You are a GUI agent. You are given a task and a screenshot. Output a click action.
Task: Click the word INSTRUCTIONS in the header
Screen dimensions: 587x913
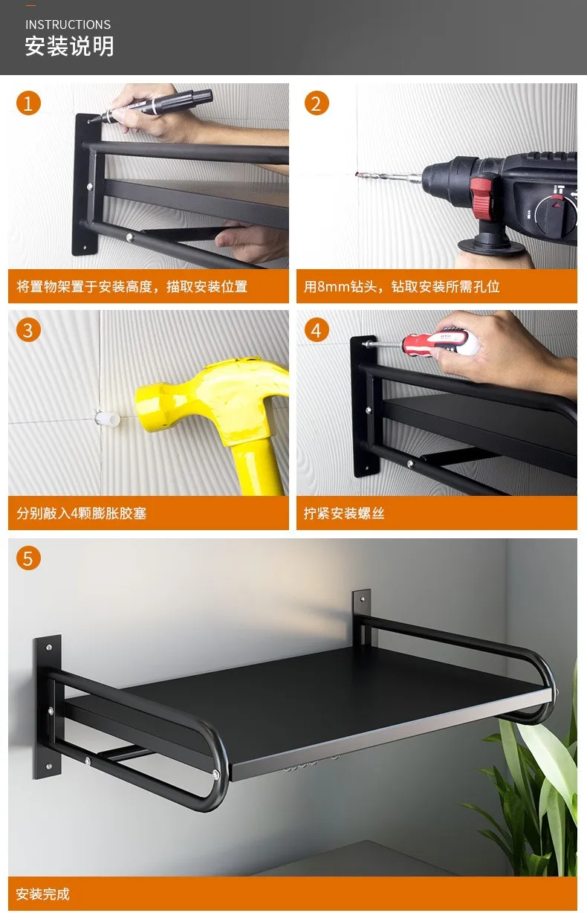(x=68, y=25)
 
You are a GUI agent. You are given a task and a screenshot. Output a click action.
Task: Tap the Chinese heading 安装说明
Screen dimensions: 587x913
(x=69, y=46)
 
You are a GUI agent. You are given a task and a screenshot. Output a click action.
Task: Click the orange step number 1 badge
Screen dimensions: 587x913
(x=28, y=103)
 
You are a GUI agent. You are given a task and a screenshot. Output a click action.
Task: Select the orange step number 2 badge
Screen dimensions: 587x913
(x=317, y=103)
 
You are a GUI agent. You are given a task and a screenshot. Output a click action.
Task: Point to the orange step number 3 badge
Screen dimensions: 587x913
(x=28, y=330)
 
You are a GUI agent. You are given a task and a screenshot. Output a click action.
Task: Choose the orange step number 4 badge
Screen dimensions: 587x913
(x=317, y=330)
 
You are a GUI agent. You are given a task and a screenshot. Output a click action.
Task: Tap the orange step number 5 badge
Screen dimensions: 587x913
(x=28, y=558)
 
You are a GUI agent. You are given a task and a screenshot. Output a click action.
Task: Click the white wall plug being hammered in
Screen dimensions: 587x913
(x=108, y=418)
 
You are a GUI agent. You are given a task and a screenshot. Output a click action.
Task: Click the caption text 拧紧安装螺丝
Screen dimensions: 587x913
(x=344, y=513)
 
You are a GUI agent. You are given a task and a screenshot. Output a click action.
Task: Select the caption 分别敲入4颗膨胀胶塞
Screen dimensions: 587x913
(x=82, y=513)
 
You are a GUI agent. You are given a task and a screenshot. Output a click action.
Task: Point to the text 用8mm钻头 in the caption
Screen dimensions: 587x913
(x=340, y=286)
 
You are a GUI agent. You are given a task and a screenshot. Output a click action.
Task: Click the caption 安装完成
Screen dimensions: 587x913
(x=43, y=894)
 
